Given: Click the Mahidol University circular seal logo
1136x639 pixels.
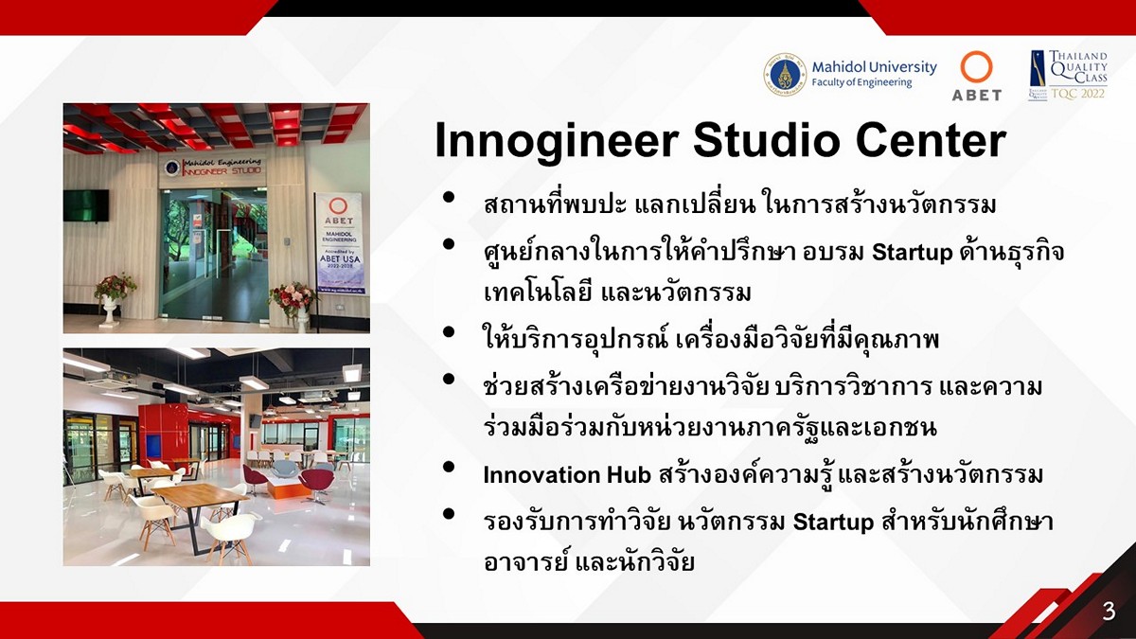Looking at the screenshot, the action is (785, 74).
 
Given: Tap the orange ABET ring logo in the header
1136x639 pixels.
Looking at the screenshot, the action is (976, 67).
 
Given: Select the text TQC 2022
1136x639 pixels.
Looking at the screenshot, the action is (1077, 94).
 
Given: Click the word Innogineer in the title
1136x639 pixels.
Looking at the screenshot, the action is (557, 140).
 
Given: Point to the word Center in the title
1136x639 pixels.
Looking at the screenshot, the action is (932, 140).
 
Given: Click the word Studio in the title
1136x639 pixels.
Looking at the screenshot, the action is (767, 140).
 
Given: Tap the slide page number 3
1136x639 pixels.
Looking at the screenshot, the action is (1109, 612).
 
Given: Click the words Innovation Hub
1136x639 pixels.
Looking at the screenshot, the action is (567, 475).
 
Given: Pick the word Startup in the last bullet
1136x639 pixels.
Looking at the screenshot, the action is (833, 522).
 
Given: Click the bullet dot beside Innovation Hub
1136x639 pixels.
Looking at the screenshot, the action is (449, 467).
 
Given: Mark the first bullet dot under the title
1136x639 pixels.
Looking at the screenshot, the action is (449, 198).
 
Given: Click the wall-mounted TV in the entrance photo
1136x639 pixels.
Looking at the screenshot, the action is (86, 205).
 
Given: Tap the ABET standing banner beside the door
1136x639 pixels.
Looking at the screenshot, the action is (340, 244).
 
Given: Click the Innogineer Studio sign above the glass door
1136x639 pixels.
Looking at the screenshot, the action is (214, 167).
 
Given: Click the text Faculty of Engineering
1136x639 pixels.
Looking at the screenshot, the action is (861, 82).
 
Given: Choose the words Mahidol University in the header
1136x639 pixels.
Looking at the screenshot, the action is (875, 67).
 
